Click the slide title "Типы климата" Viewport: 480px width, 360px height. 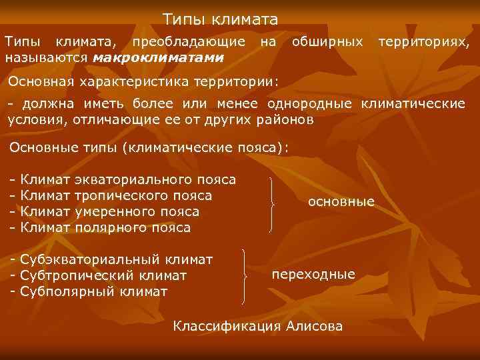[221, 21]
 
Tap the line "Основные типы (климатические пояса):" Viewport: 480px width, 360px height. [150, 147]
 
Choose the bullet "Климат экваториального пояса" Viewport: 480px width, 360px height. [123, 179]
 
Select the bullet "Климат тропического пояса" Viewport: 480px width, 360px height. [111, 195]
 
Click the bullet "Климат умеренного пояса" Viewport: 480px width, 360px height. [104, 211]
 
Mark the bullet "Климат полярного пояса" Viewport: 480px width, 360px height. [100, 227]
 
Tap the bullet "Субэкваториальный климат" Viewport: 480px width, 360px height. [111, 259]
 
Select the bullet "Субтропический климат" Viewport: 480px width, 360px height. [99, 275]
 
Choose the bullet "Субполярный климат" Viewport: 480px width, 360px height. [89, 291]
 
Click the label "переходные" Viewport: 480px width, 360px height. [313, 275]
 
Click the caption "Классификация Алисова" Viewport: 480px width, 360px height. [258, 326]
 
